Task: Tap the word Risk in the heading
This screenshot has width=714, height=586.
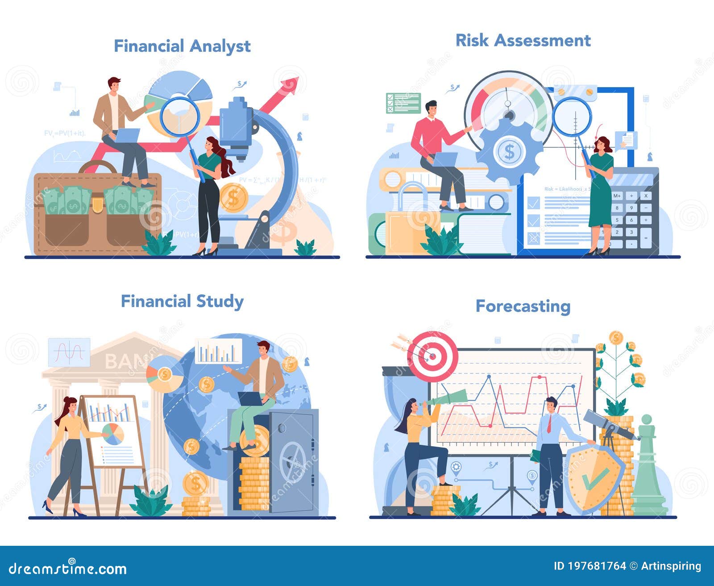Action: click(472, 41)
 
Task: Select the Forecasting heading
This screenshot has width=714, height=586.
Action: click(523, 306)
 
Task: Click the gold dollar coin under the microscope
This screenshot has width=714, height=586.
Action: click(233, 197)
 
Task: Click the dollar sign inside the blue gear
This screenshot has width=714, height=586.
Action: click(509, 152)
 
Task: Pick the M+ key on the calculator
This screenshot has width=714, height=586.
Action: click(617, 196)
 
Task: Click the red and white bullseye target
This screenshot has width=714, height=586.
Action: click(432, 356)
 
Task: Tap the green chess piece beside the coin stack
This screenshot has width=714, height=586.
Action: click(647, 469)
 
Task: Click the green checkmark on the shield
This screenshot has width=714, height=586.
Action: click(595, 478)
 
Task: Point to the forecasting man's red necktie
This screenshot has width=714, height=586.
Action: click(549, 423)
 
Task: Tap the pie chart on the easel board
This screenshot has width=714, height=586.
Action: click(113, 434)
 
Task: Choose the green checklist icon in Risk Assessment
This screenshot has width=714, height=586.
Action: click(403, 103)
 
